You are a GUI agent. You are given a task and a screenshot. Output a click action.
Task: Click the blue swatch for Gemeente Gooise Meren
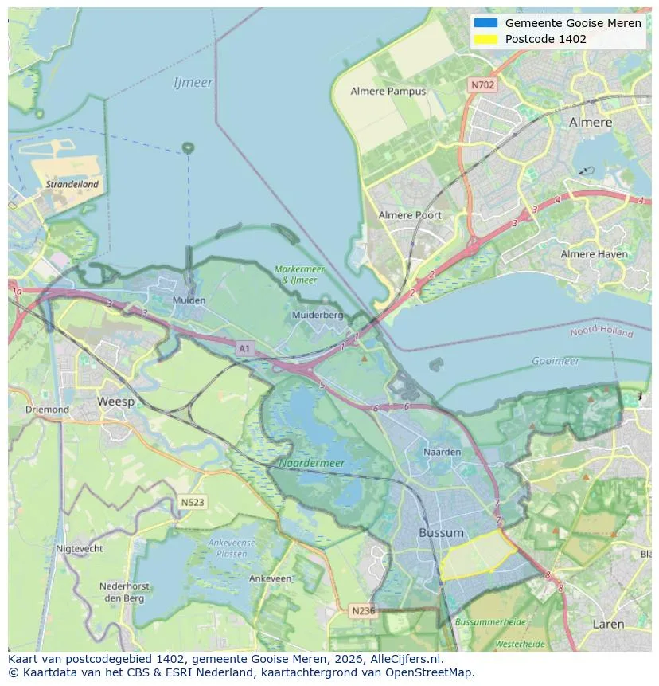[x=485, y=23]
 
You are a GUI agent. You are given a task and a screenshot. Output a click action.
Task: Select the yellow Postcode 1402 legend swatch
[x=485, y=39]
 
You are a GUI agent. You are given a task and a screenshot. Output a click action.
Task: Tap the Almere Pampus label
[x=388, y=92]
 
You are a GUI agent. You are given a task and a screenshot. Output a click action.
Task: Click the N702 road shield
[x=482, y=84]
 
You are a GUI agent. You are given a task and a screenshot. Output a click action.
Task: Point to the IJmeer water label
[x=193, y=83]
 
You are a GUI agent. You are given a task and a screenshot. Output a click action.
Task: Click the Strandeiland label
[x=72, y=184]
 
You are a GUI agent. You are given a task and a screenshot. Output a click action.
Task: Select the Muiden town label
[x=189, y=300]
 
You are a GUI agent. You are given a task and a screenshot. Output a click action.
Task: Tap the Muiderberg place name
[x=318, y=315]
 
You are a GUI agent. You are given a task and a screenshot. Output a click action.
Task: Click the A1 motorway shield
[x=245, y=348]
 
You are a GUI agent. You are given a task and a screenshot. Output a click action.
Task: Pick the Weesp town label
[x=115, y=402]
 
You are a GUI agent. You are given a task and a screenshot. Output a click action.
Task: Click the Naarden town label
[x=443, y=452]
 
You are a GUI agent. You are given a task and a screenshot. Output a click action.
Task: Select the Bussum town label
[x=441, y=532]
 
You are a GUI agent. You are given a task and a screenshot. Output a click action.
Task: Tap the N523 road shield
[x=192, y=503]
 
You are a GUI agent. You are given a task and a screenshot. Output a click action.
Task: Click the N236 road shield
[x=364, y=610]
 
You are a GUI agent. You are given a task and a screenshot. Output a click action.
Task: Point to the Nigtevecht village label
[x=80, y=549]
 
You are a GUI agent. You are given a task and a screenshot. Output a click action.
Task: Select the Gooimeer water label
[x=556, y=361]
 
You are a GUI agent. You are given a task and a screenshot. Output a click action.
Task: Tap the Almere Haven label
[x=594, y=254]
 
